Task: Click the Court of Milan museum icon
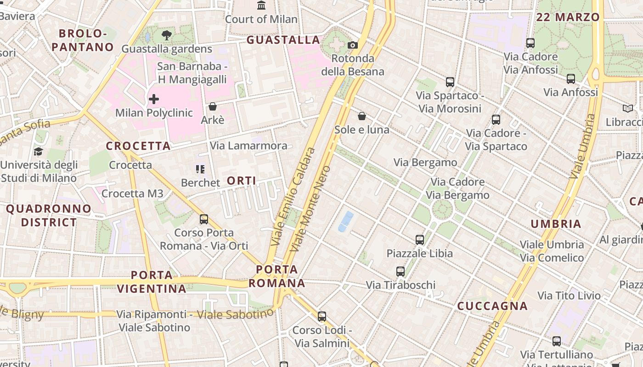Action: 261,6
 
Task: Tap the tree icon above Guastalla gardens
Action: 167,35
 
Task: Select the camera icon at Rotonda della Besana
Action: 352,45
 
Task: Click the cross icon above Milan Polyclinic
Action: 154,99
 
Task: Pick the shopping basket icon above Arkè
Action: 213,106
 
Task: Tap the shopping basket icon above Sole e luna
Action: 362,116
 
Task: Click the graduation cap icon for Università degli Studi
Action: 39,151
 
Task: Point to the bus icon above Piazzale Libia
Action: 419,239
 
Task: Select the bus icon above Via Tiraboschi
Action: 400,272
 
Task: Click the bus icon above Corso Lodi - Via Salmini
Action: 322,316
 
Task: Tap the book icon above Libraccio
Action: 627,109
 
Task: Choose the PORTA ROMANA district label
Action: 277,276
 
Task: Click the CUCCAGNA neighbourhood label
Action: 492,306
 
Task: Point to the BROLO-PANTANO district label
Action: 83,40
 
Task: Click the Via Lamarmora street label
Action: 248,146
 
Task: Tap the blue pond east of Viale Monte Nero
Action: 345,221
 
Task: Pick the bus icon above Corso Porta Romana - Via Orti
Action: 204,219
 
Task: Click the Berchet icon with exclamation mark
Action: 200,169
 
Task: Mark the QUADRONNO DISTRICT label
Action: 49,216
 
